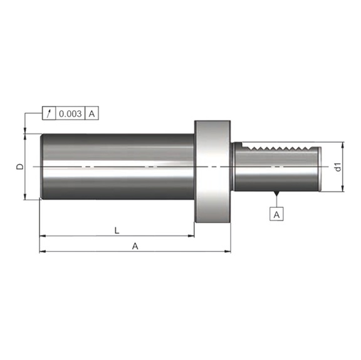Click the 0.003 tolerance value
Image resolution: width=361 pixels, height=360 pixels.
[x=70, y=114]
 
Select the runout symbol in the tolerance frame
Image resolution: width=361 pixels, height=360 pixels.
[x=49, y=113]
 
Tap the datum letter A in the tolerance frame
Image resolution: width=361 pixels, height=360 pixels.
[x=92, y=114]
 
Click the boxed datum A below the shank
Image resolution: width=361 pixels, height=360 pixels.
[x=276, y=214]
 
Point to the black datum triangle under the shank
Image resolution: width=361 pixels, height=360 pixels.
[x=276, y=193]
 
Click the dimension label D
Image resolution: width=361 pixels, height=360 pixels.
[x=20, y=167]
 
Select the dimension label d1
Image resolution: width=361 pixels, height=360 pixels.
[x=338, y=167]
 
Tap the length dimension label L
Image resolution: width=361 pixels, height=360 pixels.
[x=117, y=230]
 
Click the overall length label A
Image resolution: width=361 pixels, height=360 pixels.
[x=135, y=246]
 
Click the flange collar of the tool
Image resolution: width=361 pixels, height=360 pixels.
[x=212, y=172]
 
